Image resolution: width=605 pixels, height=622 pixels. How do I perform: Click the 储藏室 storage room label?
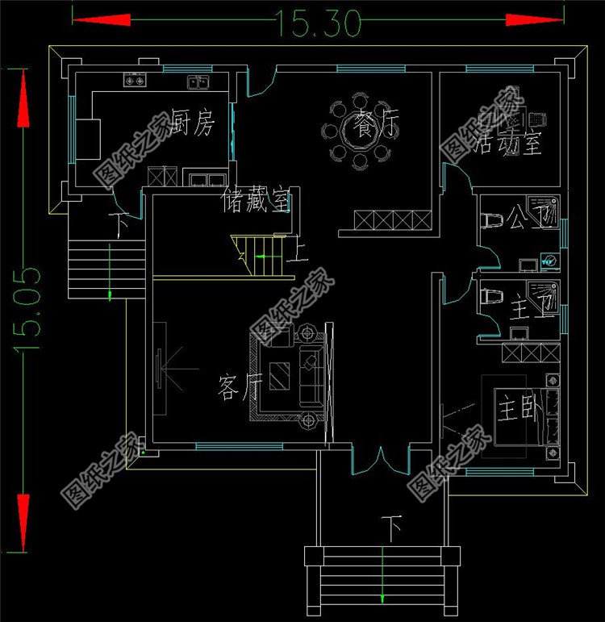[x=256, y=202]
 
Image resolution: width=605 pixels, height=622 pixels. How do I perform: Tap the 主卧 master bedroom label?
[x=515, y=408]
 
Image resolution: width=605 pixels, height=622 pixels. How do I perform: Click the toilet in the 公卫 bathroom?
[x=491, y=219]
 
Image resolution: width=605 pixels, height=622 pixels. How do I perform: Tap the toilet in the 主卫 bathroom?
[x=489, y=296]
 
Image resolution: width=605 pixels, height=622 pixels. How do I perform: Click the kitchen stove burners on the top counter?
[x=134, y=81]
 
